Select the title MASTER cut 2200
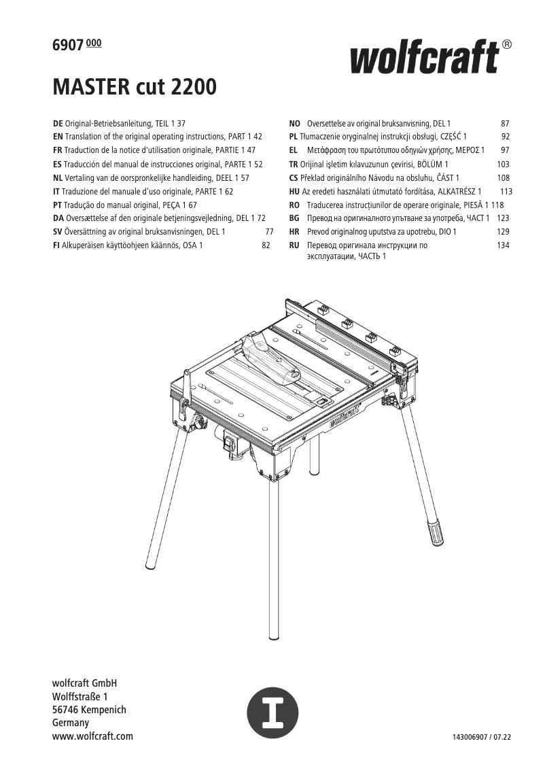(135, 88)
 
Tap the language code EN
(58, 137)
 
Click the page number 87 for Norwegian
(504, 124)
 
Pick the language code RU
(294, 245)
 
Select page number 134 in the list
(503, 245)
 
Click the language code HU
(294, 191)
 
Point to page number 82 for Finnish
(266, 245)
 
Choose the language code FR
(58, 150)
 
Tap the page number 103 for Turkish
(503, 165)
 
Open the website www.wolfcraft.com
(92, 736)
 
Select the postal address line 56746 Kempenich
(89, 710)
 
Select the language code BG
(294, 218)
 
